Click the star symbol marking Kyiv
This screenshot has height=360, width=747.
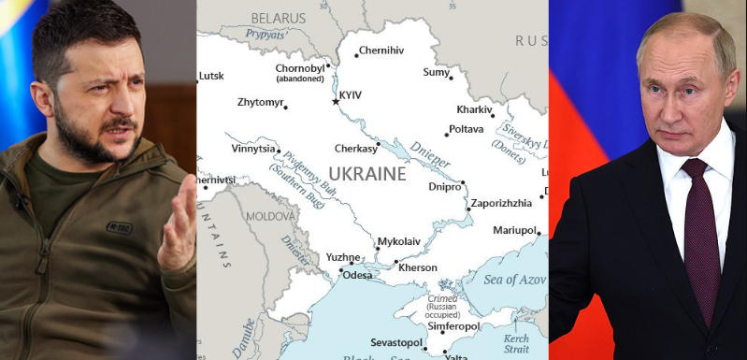click(x=336, y=101)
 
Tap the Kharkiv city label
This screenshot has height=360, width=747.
click(x=474, y=109)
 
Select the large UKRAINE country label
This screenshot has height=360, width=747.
click(x=366, y=174)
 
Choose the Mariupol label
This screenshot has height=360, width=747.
click(x=514, y=230)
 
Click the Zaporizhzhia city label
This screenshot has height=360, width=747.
click(x=501, y=202)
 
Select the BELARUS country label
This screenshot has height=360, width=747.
click(x=278, y=18)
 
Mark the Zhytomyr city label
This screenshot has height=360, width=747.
click(x=261, y=103)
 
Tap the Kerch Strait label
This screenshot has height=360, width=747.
click(x=516, y=343)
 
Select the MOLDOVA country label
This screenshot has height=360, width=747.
click(x=270, y=215)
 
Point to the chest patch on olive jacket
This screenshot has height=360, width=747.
click(x=119, y=226)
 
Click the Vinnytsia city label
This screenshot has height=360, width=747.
click(x=253, y=148)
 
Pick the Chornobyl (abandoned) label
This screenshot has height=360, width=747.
click(x=300, y=73)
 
